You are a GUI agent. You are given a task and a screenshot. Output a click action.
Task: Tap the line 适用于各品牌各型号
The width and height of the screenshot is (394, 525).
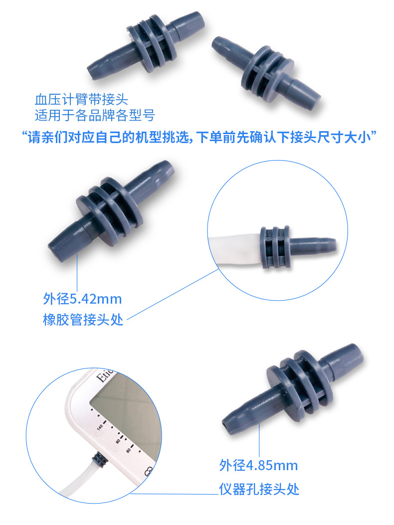(95, 116)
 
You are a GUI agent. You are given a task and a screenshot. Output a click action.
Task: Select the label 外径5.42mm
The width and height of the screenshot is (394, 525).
(82, 299)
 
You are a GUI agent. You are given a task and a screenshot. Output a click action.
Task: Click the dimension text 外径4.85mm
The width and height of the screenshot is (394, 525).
(258, 466)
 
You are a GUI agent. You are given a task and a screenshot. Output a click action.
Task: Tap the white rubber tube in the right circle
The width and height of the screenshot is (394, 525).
(234, 249)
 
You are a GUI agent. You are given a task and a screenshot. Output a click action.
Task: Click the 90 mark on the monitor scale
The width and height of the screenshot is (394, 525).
(118, 441)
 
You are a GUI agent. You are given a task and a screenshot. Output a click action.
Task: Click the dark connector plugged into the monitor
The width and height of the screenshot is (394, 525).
(100, 459)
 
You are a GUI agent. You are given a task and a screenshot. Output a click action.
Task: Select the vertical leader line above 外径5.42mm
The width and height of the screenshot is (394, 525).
(77, 272)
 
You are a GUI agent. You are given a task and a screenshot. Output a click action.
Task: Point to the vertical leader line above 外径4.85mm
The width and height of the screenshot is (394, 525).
(259, 439)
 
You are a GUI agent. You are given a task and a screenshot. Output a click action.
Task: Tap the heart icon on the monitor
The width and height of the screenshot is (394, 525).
(149, 471)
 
